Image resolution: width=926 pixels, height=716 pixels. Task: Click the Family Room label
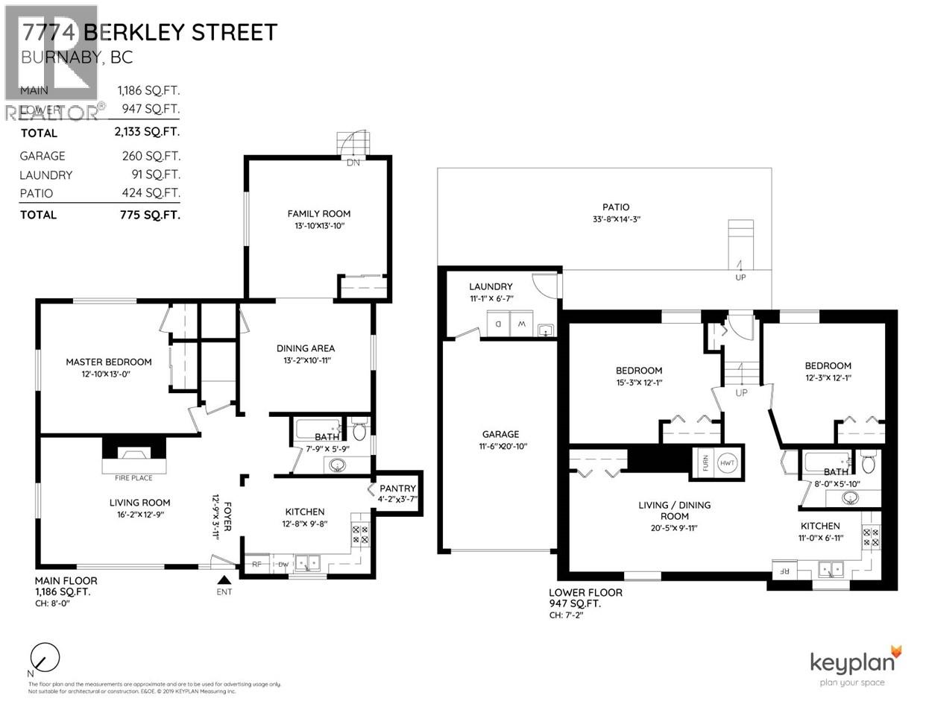pyautogui.click(x=318, y=213)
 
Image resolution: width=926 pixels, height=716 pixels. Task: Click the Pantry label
pyautogui.click(x=397, y=489)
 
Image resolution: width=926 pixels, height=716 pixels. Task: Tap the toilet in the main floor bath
pyautogui.click(x=359, y=431)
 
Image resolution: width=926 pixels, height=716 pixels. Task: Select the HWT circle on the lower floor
pyautogui.click(x=727, y=463)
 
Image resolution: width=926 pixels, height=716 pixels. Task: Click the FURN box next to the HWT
pyautogui.click(x=703, y=463)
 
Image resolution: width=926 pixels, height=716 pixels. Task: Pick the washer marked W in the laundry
pyautogui.click(x=520, y=325)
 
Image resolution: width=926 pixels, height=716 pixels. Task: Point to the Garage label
pyautogui.click(x=500, y=434)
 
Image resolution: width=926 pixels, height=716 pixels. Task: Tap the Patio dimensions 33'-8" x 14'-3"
pyautogui.click(x=616, y=219)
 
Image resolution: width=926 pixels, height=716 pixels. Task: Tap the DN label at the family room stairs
pyautogui.click(x=353, y=163)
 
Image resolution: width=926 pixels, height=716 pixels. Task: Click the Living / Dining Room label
pyautogui.click(x=674, y=510)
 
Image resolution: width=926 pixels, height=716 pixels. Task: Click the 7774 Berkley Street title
pyautogui.click(x=150, y=32)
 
